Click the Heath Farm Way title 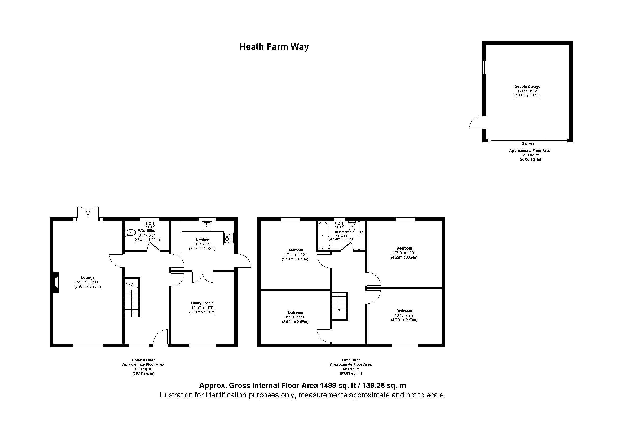coord(274,47)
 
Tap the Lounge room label coord(87,277)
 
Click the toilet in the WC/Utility coord(130,232)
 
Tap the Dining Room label coord(202,303)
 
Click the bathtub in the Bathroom coord(322,236)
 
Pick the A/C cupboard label coord(362,232)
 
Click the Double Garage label coord(527,87)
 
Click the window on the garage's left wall coord(485,67)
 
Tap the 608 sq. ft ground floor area coord(143,369)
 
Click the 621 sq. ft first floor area coord(350,369)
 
